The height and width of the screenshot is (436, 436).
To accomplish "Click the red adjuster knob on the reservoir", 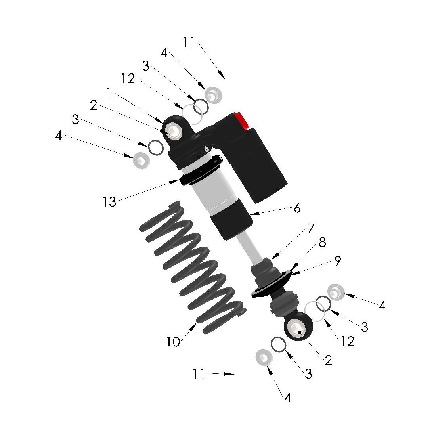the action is (x=241, y=120).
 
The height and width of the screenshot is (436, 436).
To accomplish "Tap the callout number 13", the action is (x=109, y=202).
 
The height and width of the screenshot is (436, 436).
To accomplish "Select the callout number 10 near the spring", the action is (x=173, y=342).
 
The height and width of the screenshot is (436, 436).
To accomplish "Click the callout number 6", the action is (x=297, y=208).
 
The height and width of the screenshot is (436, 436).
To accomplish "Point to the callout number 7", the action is (x=311, y=228).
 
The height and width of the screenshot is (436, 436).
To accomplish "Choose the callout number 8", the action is (x=322, y=243).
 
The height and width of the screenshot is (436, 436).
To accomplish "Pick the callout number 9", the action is (x=337, y=260).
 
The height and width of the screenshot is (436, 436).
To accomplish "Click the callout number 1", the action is (x=109, y=93).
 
